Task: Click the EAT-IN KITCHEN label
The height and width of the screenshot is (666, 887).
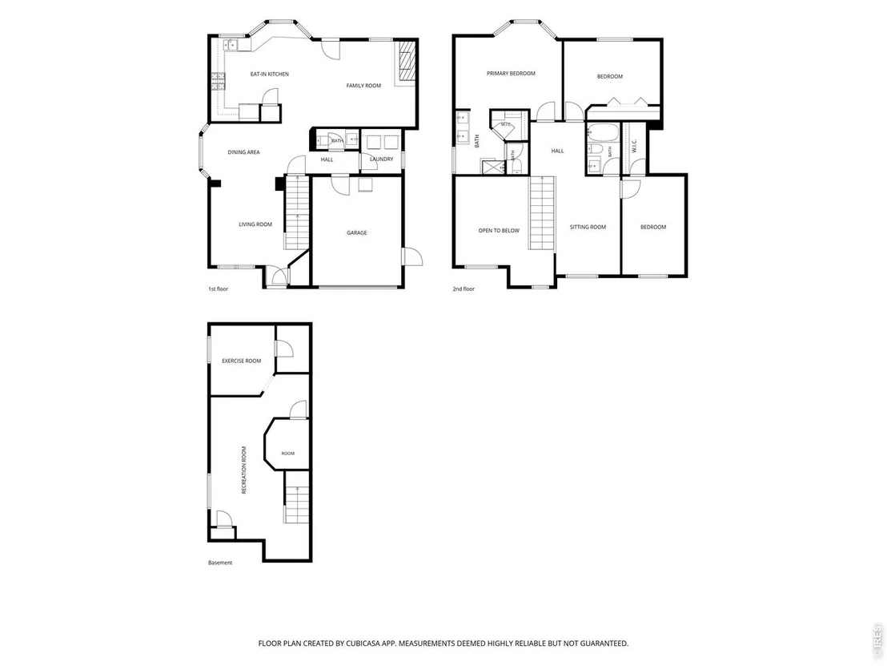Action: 270,75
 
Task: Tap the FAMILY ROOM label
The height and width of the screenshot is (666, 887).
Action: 363,86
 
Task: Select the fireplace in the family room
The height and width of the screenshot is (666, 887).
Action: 405,62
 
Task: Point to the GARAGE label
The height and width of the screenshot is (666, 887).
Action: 357,232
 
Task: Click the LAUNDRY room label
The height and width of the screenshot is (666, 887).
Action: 381,159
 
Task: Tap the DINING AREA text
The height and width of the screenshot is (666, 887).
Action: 244,152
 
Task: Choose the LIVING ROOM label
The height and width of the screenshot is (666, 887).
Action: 255,224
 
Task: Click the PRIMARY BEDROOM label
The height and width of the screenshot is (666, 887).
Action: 511,74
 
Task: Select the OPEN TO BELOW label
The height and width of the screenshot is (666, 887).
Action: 499,231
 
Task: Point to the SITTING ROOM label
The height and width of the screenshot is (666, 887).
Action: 588,227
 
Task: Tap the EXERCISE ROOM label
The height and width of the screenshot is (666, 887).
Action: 242,361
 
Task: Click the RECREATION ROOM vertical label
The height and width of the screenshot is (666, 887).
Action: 244,470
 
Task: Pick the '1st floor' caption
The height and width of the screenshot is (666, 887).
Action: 218,289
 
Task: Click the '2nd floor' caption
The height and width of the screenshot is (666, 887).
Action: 464,289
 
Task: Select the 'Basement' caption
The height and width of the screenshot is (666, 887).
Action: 220,563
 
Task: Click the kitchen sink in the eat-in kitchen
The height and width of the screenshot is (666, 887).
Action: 231,44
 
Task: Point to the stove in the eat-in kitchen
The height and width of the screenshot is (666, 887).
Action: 218,82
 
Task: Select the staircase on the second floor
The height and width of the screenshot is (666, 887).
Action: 541,213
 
